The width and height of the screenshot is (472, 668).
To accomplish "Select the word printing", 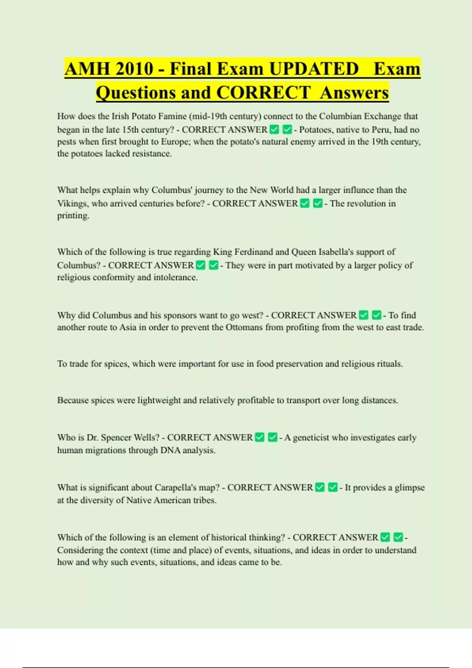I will (x=73, y=216).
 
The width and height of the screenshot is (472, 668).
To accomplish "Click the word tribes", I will (x=204, y=500).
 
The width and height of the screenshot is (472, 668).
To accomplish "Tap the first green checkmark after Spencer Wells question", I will (x=260, y=437).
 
